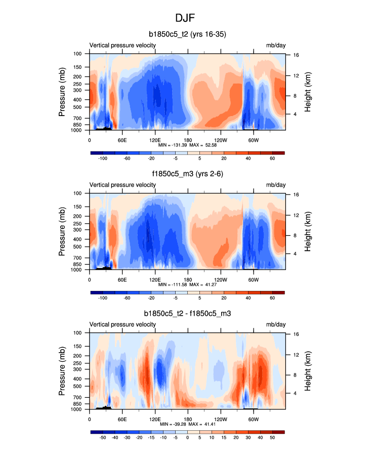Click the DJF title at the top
point(185,18)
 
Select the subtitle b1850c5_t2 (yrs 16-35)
point(187,34)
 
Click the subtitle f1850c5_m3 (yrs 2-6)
point(187,174)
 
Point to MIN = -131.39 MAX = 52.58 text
point(187,145)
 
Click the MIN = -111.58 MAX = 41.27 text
point(187,285)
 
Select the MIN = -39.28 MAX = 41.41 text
point(187,425)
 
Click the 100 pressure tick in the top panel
point(78,53)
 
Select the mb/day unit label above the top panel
point(275,45)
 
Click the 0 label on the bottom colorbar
point(187,438)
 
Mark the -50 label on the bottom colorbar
point(103,438)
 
